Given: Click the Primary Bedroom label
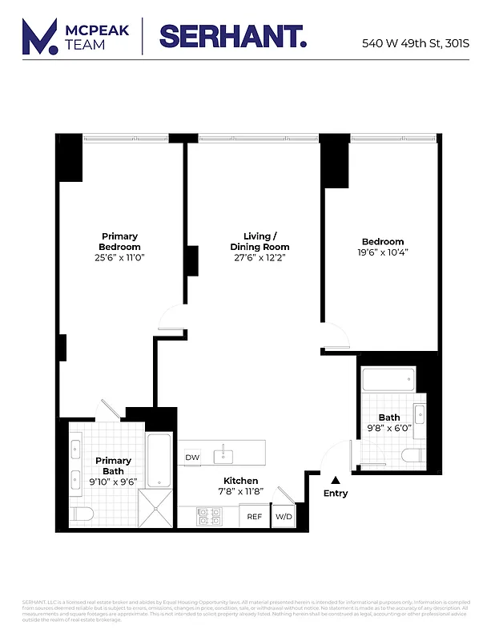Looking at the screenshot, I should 119,241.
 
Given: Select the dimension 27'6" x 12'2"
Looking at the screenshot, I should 260,258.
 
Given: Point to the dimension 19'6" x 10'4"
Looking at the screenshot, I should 383,252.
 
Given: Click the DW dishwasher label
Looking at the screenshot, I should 192,458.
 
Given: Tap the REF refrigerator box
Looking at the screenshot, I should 255,517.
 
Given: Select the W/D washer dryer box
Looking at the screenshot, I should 284,517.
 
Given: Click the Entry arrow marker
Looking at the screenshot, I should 336,478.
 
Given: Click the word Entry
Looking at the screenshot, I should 336,494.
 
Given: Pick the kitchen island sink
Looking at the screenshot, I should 223,457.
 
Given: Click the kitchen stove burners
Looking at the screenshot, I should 209,517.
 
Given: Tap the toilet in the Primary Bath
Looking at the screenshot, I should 82,514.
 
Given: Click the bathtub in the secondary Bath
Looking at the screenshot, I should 388,379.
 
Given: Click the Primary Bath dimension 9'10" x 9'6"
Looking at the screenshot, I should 114,482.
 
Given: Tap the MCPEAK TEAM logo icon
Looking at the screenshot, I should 40,37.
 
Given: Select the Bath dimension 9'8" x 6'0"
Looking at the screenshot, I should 389,428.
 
